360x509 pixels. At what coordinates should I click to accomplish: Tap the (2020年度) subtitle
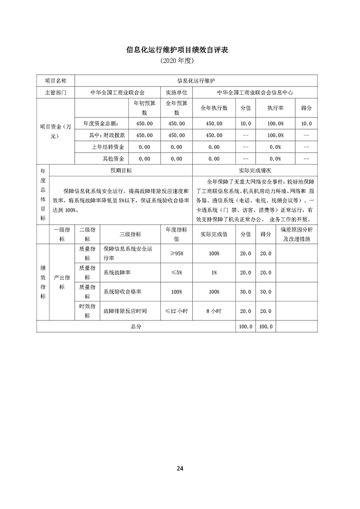click(180, 60)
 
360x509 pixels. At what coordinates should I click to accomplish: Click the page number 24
click(180, 468)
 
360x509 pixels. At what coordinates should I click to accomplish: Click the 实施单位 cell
click(177, 92)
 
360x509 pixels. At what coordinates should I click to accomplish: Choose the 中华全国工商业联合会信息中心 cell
click(255, 92)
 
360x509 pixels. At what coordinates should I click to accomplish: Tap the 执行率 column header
click(275, 108)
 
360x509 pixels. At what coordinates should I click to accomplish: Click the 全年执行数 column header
click(214, 108)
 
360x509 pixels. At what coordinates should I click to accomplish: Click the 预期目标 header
click(121, 171)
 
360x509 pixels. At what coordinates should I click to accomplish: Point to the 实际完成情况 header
click(255, 171)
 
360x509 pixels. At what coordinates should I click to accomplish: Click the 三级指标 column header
click(130, 234)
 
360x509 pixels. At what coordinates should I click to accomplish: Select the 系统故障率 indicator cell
click(117, 273)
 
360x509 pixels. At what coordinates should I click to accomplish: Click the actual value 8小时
click(214, 311)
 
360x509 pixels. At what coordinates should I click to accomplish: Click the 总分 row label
click(136, 326)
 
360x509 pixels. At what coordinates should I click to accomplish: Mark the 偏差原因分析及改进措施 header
click(296, 234)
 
